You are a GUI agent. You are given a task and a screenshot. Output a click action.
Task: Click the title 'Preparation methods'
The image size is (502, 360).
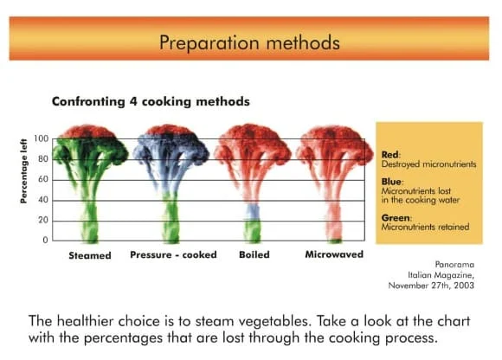[x=249, y=42]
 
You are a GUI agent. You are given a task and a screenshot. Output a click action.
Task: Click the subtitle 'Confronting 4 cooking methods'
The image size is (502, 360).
[x=151, y=101]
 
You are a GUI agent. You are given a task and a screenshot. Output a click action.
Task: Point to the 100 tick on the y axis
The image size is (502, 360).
[x=42, y=138]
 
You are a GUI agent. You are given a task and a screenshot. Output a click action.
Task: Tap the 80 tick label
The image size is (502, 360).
[x=43, y=159]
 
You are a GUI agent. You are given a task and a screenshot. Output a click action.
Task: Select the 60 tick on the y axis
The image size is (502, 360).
[x=43, y=179]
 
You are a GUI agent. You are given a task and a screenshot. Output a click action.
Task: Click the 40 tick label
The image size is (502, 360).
[x=43, y=200]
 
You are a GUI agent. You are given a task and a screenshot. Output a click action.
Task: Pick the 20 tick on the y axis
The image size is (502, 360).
[x=43, y=220]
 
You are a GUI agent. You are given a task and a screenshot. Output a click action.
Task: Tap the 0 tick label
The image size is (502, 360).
[x=45, y=240]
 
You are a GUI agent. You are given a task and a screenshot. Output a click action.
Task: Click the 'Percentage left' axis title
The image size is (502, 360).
[x=23, y=170]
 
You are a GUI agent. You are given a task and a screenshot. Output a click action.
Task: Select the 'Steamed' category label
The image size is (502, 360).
[x=90, y=255]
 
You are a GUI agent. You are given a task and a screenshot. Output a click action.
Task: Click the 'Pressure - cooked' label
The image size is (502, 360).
[x=173, y=254]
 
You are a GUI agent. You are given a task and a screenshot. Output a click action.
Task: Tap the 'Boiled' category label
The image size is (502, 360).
[x=254, y=254]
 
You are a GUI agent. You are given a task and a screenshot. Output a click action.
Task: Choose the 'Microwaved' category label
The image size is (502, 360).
[x=334, y=254]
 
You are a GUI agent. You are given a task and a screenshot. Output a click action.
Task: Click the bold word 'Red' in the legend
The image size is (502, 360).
[x=390, y=155]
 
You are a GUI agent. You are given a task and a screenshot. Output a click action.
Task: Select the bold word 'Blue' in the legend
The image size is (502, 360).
[x=391, y=182]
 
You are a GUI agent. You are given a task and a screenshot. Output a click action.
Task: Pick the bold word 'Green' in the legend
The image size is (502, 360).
[x=396, y=217]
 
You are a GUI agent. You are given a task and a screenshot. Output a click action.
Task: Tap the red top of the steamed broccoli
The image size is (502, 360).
[x=88, y=132]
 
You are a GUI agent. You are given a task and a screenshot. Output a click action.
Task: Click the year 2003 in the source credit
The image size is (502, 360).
[x=464, y=285]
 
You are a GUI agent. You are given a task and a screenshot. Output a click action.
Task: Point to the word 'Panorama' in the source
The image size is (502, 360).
[x=454, y=265]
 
